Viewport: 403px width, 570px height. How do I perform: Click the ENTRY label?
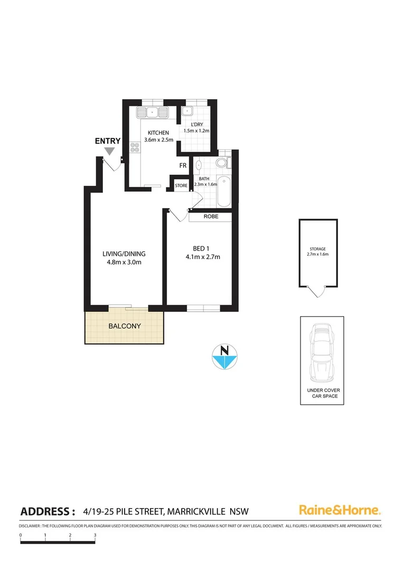108,141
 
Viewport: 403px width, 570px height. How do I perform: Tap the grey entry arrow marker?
109,151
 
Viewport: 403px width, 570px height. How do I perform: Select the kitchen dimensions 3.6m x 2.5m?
158,140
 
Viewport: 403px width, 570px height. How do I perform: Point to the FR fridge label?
183,166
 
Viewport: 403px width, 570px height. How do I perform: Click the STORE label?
181,185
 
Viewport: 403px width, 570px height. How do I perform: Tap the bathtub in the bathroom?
224,192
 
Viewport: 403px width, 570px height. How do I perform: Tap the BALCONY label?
125,326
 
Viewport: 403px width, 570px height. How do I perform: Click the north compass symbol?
224,356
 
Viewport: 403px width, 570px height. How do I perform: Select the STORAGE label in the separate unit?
318,249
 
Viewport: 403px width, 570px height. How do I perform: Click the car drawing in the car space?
322,352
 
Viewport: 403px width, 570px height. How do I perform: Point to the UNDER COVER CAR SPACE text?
323,393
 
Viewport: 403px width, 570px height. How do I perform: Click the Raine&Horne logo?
340,510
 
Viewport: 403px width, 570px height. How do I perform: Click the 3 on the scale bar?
95,535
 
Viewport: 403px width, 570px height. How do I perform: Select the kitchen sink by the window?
152,112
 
